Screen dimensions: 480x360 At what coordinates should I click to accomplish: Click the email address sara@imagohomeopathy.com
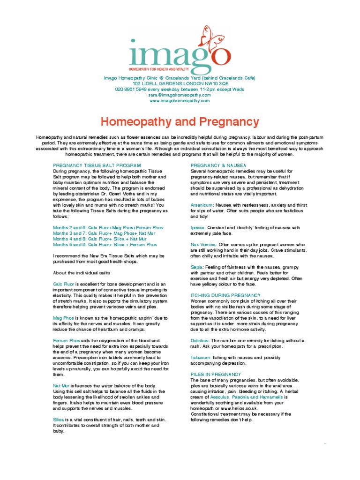point(180,95)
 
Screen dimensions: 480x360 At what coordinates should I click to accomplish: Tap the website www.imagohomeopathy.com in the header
point(180,100)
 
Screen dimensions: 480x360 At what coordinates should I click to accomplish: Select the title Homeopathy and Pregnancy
point(180,122)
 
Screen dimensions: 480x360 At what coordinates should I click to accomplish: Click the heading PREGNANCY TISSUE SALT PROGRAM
point(97,166)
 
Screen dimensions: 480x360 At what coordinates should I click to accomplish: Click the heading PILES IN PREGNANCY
point(216,374)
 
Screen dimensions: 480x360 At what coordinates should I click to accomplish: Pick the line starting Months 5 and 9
point(105,245)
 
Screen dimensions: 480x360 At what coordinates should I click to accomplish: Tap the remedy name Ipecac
point(198,228)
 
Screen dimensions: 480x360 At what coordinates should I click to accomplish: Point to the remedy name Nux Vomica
point(203,245)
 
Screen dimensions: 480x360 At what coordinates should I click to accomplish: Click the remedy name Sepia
point(197,267)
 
